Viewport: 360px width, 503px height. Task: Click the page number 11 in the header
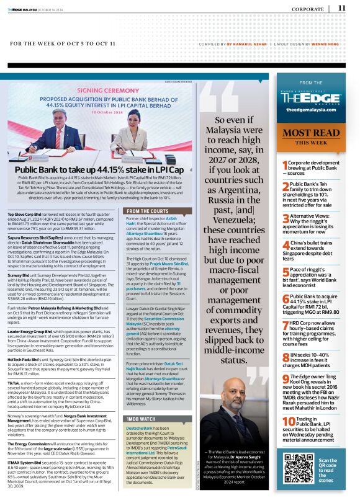(x=342, y=8)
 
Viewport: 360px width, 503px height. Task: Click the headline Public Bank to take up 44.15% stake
(x=99, y=169)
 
